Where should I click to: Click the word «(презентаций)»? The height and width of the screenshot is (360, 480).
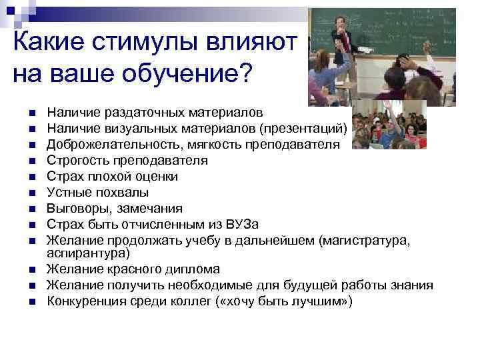tap(303, 129)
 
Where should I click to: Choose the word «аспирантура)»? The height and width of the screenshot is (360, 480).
tap(89, 253)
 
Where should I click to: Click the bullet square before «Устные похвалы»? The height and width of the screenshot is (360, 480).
tap(31, 193)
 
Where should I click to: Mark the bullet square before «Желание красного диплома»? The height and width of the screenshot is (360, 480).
tap(31, 270)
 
